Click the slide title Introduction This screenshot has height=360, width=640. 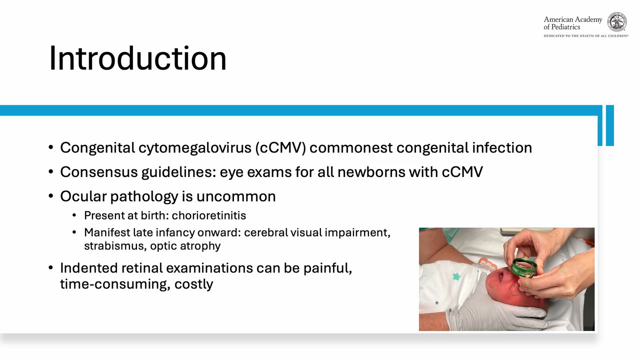tap(138, 58)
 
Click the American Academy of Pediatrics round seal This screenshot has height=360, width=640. tap(617, 21)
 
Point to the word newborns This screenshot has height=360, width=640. tap(371, 172)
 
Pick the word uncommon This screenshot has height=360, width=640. tap(236, 196)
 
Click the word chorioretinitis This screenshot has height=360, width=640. tap(209, 215)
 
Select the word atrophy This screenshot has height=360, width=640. tap(200, 246)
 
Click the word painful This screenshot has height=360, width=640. tap(327, 268)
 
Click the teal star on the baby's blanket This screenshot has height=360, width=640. tap(457, 276)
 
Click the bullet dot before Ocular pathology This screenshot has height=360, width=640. tap(51, 196)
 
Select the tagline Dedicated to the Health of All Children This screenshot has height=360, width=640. tap(585, 36)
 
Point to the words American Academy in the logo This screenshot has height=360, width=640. tap(572, 19)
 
